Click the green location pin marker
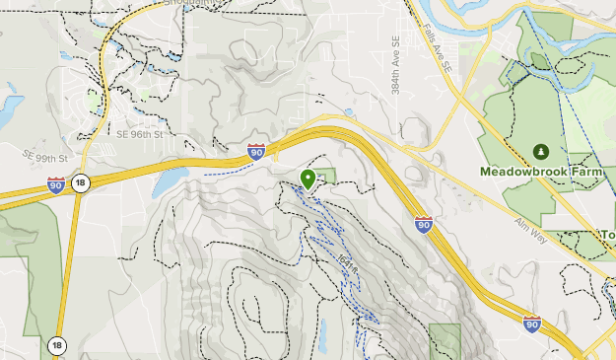tap(308, 180)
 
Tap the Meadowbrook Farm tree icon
tap(541, 151)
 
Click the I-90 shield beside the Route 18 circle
tap(56, 184)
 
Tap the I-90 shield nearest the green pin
tap(256, 151)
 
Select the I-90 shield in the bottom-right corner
tap(531, 324)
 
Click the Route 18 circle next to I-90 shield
tap(81, 182)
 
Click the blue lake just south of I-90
tap(171, 180)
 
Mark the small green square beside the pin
tap(326, 176)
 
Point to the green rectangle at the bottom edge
tap(445, 340)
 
